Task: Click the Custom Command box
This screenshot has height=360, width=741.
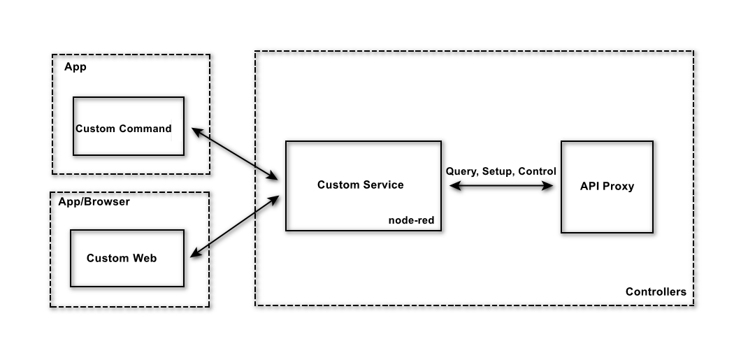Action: coord(129,126)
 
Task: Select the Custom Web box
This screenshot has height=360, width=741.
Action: coord(127,259)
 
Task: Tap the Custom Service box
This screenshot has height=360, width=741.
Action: coord(364,186)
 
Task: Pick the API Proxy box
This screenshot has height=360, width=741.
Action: coord(607,187)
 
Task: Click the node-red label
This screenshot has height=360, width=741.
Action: coord(411,220)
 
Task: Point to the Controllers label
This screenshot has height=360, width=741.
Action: coord(656,291)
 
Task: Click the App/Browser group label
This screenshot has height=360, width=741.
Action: coord(94,202)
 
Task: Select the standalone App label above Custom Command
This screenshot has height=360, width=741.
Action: coord(75,67)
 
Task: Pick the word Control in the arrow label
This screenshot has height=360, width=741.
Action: coord(537,171)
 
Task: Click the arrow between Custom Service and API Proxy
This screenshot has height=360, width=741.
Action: coord(501,186)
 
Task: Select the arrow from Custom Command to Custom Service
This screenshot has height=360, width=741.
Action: coord(235,154)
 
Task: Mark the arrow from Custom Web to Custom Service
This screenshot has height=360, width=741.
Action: coord(235,226)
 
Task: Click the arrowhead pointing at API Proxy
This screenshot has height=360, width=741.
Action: coord(548,186)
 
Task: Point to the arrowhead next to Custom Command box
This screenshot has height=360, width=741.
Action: coord(197,131)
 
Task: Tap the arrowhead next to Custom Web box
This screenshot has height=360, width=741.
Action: coord(196,253)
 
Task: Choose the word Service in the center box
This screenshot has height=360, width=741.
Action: coord(382,185)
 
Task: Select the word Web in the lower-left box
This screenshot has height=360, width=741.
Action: coord(145,258)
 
